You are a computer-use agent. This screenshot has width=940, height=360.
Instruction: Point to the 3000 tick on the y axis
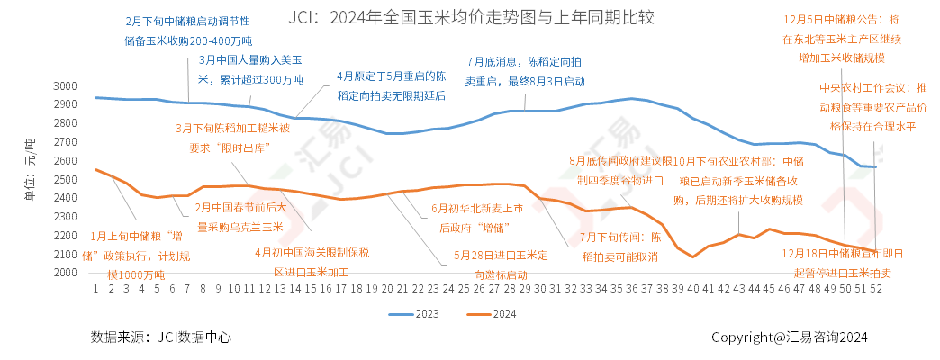coord(67,86)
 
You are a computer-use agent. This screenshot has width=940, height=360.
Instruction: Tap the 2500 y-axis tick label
coord(67,180)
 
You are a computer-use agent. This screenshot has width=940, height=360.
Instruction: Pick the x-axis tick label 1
coord(95,290)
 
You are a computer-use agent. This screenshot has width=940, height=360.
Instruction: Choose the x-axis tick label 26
coord(478,290)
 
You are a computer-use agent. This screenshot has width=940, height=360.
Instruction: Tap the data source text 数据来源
coord(160,337)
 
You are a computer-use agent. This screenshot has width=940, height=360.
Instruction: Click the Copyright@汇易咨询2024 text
coord(789,337)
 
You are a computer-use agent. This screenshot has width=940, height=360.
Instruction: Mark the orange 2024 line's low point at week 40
coord(692,257)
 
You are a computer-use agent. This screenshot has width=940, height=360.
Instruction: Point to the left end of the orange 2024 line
coord(95,169)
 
